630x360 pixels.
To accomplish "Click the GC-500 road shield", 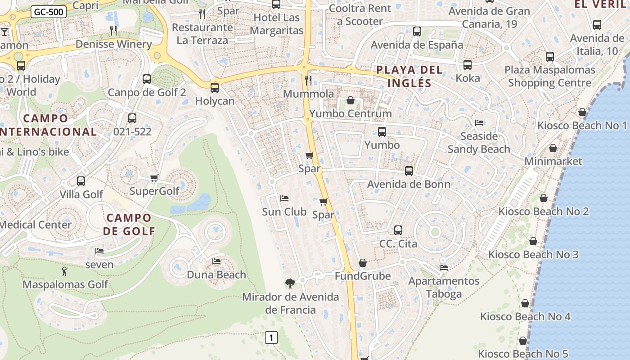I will [x=49, y=12].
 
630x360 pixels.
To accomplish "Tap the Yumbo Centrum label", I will [x=351, y=113].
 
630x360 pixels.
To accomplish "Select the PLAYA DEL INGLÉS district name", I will [x=409, y=76].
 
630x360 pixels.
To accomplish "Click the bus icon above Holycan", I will [x=215, y=87].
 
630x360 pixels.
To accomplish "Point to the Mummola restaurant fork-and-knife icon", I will [x=308, y=81].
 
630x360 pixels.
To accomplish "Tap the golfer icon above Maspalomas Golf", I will [x=64, y=271].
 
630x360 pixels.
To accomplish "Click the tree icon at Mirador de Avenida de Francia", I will [x=290, y=283].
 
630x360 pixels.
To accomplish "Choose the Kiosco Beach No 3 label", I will [x=533, y=255].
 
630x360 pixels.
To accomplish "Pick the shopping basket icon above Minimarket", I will [x=553, y=148].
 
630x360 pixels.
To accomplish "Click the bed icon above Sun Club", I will [x=284, y=198].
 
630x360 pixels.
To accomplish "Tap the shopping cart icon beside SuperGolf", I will [x=154, y=178].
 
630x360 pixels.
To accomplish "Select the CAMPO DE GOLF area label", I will [x=129, y=225].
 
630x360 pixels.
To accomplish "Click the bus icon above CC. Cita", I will [x=398, y=230].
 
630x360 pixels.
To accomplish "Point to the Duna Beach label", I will [x=216, y=274].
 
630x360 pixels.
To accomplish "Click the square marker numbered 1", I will [x=271, y=337].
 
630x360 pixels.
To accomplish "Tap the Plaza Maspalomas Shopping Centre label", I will [x=549, y=76].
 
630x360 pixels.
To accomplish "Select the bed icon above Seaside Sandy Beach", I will [x=479, y=123].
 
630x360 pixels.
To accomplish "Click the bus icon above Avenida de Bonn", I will [x=409, y=171].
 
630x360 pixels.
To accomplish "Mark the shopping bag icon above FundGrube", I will [x=363, y=263].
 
